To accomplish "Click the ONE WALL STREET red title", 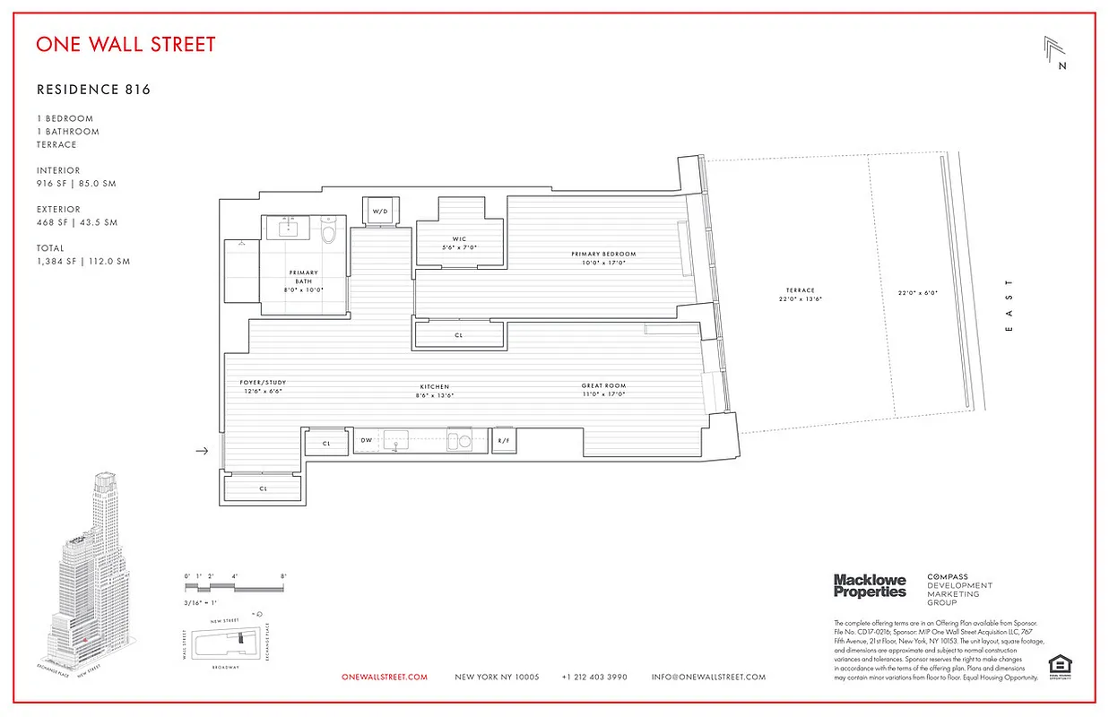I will pyautogui.click(x=126, y=44).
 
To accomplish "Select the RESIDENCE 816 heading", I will pyautogui.click(x=93, y=90).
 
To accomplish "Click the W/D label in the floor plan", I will pyautogui.click(x=381, y=212).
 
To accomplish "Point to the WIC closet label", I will pyautogui.click(x=460, y=238).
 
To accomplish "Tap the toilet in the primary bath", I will pyautogui.click(x=328, y=234).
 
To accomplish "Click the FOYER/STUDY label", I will pyautogui.click(x=263, y=383).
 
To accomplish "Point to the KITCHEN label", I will pyautogui.click(x=433, y=387).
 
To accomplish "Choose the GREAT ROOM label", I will pyautogui.click(x=603, y=386).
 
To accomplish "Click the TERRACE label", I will pyautogui.click(x=801, y=290).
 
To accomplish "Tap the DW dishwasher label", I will pyautogui.click(x=366, y=441).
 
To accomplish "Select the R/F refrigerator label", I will pyautogui.click(x=504, y=441).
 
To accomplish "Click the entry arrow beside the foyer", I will pyautogui.click(x=202, y=451).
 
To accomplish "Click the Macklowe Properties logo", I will pyautogui.click(x=870, y=586).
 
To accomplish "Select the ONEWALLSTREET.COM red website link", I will pyautogui.click(x=385, y=677).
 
